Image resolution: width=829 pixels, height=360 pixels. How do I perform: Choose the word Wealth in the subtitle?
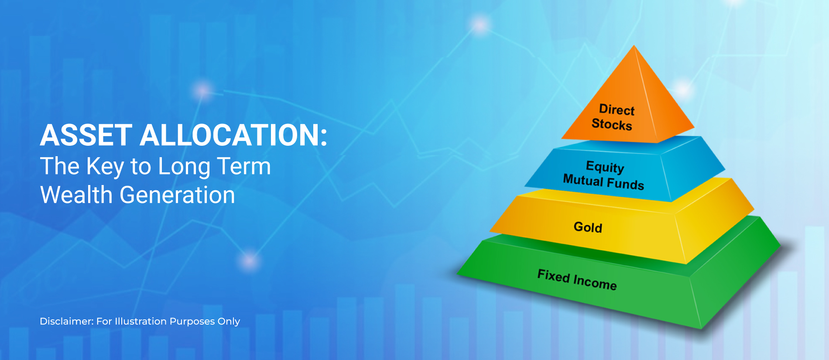76,195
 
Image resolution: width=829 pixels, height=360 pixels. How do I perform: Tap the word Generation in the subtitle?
177,195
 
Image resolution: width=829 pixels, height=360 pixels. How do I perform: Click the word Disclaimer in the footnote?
66,321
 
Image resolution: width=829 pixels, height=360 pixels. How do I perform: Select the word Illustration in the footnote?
140,321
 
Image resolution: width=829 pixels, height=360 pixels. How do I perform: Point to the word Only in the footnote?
229,322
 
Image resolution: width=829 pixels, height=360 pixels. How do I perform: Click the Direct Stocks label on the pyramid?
613,117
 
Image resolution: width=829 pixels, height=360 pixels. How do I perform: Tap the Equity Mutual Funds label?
604,175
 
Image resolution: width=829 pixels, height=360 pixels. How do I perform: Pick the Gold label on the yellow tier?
588,227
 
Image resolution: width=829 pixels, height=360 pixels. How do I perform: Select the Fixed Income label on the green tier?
577,280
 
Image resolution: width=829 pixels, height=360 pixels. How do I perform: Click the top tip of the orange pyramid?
634,45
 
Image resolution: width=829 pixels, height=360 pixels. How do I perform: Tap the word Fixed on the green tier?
554,276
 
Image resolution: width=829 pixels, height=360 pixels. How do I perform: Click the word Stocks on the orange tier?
612,124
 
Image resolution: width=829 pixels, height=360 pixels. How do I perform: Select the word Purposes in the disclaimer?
192,322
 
